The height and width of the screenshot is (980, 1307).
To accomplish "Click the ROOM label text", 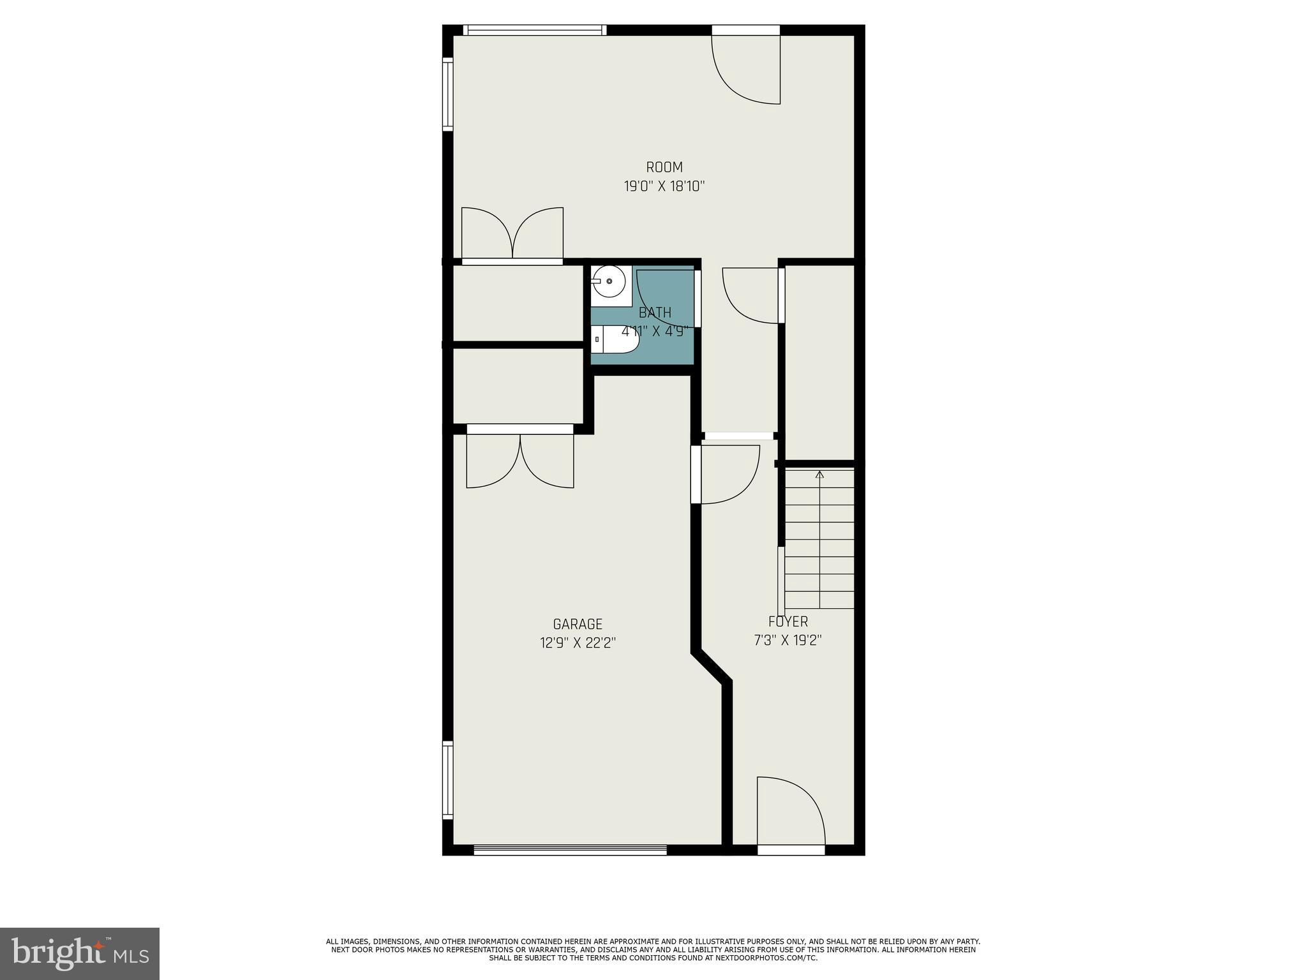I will [x=664, y=167].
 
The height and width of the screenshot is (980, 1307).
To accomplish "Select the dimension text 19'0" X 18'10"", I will [x=664, y=187].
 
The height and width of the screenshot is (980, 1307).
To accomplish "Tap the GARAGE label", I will [x=578, y=624].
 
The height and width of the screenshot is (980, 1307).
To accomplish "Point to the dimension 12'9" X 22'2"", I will [x=578, y=643].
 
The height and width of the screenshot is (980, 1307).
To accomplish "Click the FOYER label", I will [x=788, y=621].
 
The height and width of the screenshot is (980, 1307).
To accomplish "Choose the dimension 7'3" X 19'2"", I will [x=788, y=640].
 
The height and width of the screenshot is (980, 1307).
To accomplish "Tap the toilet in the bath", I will [x=614, y=340].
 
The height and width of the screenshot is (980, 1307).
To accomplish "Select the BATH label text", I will [x=655, y=313].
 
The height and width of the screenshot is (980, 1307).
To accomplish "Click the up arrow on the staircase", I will [x=819, y=475].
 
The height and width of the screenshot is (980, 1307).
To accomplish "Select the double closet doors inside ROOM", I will [x=512, y=233].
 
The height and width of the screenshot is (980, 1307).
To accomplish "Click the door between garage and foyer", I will [x=728, y=473].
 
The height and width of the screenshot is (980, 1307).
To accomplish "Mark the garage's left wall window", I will [x=448, y=780].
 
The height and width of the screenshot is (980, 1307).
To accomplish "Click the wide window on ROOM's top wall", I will [x=535, y=29].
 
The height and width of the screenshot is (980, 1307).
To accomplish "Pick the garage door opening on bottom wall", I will [x=570, y=850].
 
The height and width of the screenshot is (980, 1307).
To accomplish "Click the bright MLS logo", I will [x=80, y=953].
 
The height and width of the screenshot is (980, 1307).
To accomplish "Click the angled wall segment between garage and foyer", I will [x=712, y=667].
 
